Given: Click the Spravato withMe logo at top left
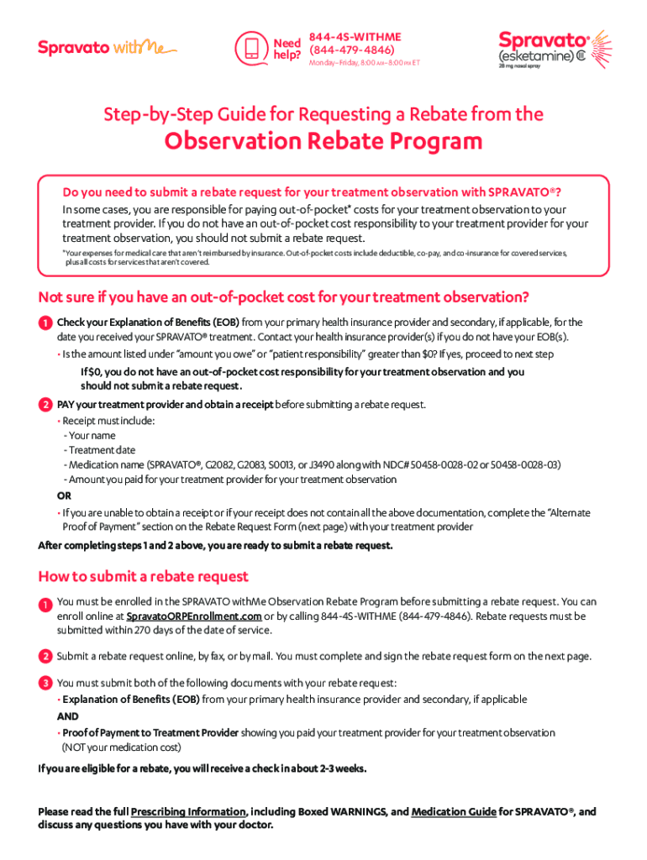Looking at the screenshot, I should (107, 48).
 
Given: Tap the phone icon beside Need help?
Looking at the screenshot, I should (250, 48).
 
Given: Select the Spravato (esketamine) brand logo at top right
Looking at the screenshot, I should (555, 50).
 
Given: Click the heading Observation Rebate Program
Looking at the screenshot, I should (323, 141).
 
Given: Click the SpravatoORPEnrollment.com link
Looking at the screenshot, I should (193, 616).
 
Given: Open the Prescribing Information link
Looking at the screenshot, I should (188, 812).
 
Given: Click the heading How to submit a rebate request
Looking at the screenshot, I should (143, 576).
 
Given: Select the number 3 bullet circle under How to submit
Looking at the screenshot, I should (44, 683).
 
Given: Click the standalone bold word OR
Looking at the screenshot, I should (64, 496).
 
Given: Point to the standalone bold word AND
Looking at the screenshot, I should (67, 716).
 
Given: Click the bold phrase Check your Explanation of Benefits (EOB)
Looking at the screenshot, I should (148, 322).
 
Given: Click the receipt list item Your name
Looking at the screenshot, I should (90, 436).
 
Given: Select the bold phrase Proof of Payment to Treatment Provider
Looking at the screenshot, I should (150, 732).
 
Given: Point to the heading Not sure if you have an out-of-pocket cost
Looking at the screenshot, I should (283, 296).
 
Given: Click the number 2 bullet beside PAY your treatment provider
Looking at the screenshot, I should (44, 405).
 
